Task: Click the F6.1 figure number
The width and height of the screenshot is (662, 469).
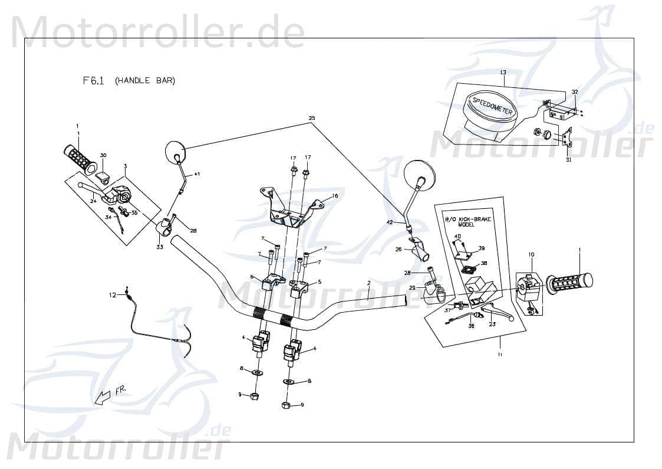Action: click(x=93, y=81)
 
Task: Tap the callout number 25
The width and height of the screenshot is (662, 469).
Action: click(x=311, y=119)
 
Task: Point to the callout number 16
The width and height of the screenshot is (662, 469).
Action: click(x=335, y=196)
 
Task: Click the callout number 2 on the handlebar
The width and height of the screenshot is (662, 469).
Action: click(x=368, y=283)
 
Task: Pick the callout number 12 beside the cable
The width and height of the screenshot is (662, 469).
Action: click(x=112, y=294)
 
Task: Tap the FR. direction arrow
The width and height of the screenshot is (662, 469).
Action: click(x=103, y=397)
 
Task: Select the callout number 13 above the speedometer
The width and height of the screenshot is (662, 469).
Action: click(x=503, y=73)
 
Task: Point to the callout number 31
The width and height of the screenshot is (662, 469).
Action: click(x=568, y=159)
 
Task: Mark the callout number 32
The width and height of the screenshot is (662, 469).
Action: click(x=575, y=92)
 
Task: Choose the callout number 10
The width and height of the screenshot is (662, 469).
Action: click(x=531, y=254)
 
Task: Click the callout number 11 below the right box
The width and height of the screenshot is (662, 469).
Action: click(x=500, y=355)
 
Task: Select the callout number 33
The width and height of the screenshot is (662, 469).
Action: click(x=160, y=247)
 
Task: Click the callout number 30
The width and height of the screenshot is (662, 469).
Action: click(x=103, y=155)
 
